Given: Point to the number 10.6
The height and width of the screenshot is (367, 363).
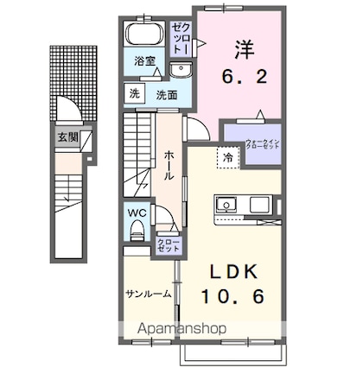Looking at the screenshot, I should tap(232, 296).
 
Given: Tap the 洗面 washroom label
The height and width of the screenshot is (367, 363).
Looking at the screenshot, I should tap(167, 94).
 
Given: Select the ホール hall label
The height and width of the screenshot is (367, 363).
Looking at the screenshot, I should tap(169, 163).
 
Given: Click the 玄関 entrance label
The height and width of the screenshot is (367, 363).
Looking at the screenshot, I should tap(67, 136).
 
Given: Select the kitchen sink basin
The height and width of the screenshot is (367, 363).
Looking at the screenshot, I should tap(227, 205).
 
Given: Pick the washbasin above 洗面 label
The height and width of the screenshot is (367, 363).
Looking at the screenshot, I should tap(179, 72).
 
